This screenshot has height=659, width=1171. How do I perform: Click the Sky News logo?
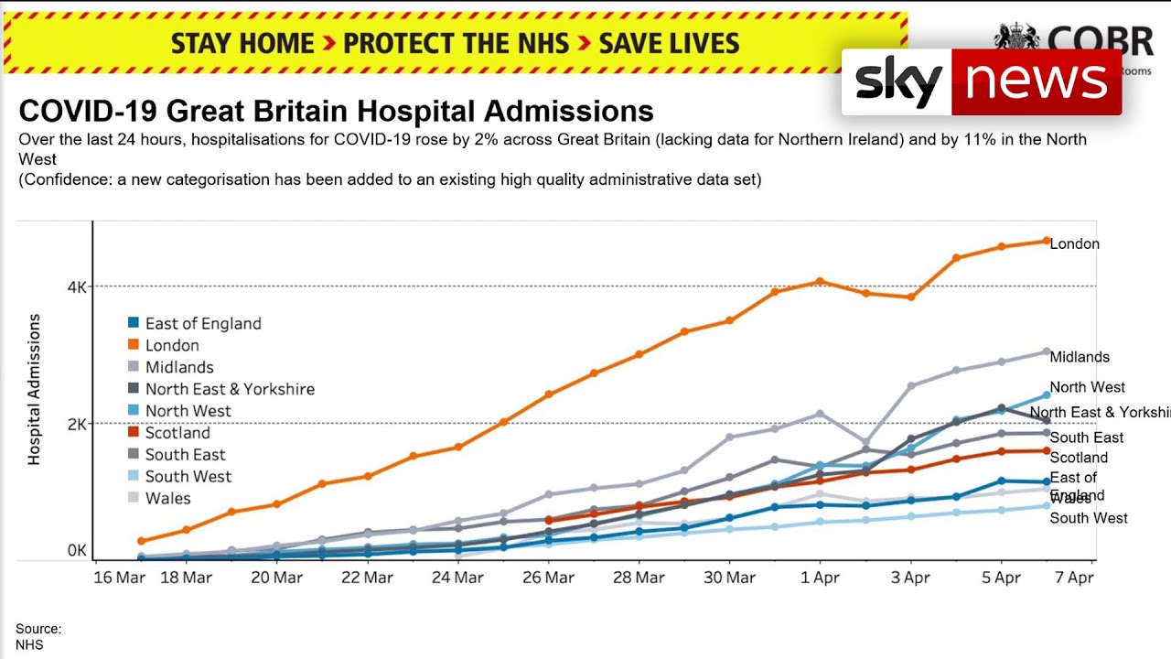(x=981, y=81)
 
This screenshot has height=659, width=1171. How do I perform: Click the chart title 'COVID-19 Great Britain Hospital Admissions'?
(x=336, y=112)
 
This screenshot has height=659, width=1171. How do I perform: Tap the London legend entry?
(x=172, y=345)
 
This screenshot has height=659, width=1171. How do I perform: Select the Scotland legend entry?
(x=177, y=433)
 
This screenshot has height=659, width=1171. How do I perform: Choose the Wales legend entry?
(x=167, y=499)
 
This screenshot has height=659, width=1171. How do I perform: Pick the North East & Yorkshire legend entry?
(x=230, y=389)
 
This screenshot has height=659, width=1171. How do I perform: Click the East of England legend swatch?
(x=134, y=323)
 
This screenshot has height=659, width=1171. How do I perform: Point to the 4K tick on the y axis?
(x=77, y=286)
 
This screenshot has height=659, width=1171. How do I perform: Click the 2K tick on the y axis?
(x=77, y=424)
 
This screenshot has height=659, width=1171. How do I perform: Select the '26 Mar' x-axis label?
(x=548, y=578)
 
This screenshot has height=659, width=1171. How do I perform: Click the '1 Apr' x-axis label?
(x=819, y=578)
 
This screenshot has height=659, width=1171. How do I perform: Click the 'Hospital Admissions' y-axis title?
(x=34, y=389)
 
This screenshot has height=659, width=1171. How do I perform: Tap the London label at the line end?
(x=1074, y=244)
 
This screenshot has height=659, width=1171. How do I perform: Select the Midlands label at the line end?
(x=1080, y=357)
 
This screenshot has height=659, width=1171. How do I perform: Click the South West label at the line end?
(x=1089, y=518)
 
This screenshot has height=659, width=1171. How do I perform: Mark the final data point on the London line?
(x=1047, y=241)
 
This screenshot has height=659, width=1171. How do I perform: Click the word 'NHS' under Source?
(x=29, y=644)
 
